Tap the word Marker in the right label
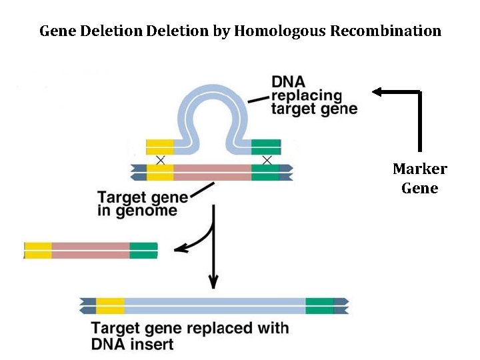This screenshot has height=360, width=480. tap(419, 169)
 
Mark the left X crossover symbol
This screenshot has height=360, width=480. tap(160, 159)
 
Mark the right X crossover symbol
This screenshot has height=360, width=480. tap(267, 159)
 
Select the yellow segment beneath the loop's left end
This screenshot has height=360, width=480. tap(160, 146)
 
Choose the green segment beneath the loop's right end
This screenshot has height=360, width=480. tap(266, 146)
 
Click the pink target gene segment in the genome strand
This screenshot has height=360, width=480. tap(212, 172)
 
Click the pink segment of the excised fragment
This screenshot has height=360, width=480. tap(91, 251)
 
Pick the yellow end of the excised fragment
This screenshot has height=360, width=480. tap(38, 251)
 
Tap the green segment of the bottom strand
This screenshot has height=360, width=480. tap(319, 306)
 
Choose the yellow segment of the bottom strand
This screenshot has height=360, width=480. tap(110, 306)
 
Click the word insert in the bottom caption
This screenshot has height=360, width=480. tap(153, 345)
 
